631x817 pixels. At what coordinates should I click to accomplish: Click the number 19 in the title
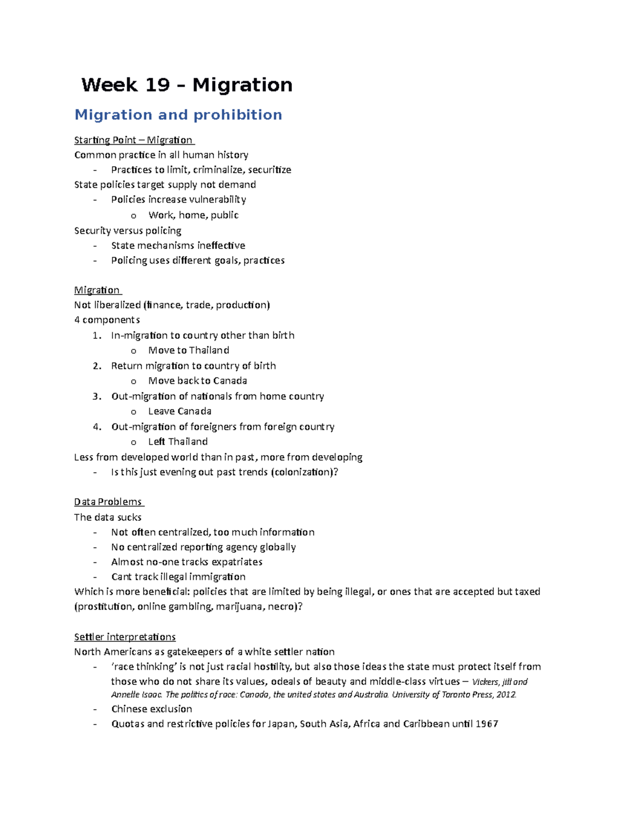[156, 85]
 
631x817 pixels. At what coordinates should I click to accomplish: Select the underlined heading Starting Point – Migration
[134, 140]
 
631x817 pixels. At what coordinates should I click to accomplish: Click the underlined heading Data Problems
[108, 502]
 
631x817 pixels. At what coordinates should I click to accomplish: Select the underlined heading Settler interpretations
[125, 637]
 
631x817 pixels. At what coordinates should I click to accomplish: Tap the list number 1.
[96, 336]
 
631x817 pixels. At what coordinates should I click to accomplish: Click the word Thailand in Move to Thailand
[209, 350]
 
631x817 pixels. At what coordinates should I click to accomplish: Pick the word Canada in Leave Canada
[194, 411]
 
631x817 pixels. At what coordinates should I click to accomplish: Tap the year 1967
[486, 724]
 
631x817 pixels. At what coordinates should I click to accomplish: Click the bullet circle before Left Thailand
[134, 442]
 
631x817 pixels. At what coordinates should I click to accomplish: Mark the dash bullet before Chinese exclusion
[95, 709]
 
